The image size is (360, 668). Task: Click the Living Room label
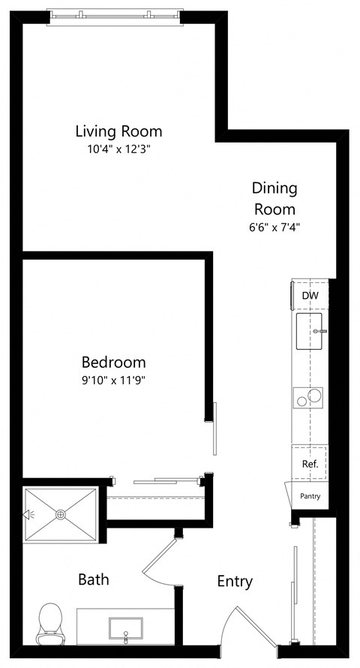point(118,131)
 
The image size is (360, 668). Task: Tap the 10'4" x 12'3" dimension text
point(118,149)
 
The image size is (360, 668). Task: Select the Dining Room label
point(274,198)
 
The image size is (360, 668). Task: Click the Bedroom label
point(113,362)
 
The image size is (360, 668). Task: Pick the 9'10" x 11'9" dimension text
point(113,380)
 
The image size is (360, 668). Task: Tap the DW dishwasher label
point(310,296)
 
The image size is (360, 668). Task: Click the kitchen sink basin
point(310,332)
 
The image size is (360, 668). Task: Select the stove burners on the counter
point(309,396)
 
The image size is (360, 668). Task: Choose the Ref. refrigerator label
point(310,464)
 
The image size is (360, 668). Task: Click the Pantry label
point(310,496)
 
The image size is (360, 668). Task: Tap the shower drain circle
point(61,514)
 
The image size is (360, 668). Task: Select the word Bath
point(94,579)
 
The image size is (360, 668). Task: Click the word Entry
point(235,581)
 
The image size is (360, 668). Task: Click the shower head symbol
point(29,514)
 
